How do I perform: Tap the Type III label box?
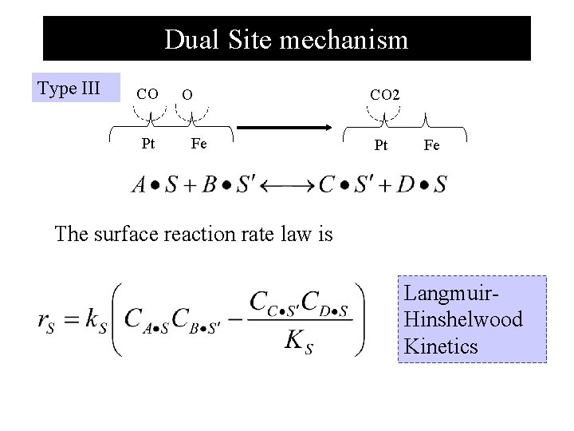(69, 88)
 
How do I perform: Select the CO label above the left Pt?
(147, 94)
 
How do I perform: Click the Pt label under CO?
(147, 145)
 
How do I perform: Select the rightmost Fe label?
(431, 145)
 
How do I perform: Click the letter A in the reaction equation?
(139, 185)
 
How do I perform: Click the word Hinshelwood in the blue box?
(463, 320)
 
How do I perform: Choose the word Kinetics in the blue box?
(441, 346)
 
